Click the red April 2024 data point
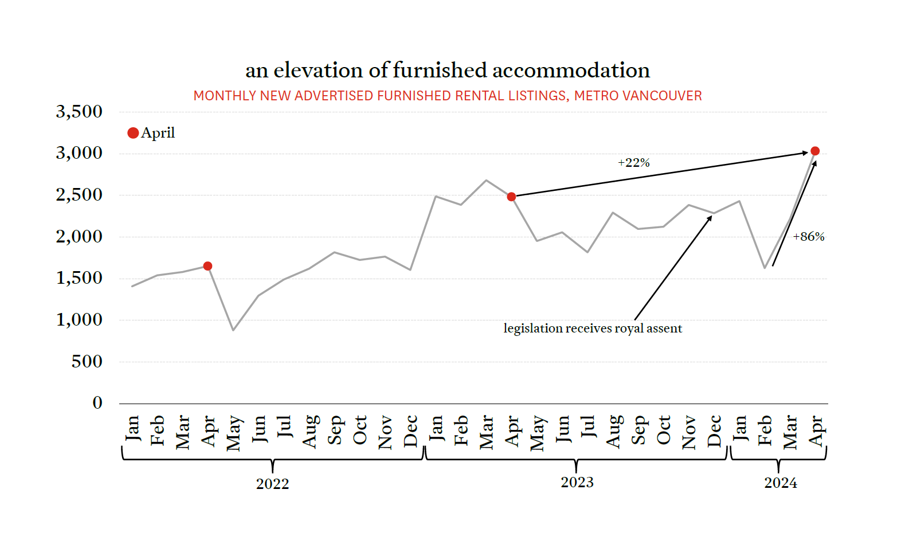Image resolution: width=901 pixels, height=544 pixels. pyautogui.click(x=815, y=151)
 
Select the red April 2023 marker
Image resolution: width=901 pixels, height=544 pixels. pyautogui.click(x=512, y=197)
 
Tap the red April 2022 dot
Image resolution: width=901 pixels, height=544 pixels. pyautogui.click(x=208, y=266)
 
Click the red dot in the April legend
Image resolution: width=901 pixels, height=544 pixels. pyautogui.click(x=133, y=133)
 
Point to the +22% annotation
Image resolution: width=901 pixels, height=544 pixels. pyautogui.click(x=633, y=163)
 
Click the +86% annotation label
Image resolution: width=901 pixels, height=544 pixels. pyautogui.click(x=808, y=237)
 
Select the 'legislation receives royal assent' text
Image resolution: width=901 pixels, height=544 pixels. pyautogui.click(x=593, y=328)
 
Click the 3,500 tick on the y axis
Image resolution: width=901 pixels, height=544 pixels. pyautogui.click(x=79, y=112)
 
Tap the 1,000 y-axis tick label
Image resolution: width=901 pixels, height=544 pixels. pyautogui.click(x=79, y=320)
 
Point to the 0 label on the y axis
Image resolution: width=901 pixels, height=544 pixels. pyautogui.click(x=97, y=403)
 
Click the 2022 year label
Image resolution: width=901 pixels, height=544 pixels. pyautogui.click(x=272, y=484)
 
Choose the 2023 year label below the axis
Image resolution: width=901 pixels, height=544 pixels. pyautogui.click(x=577, y=482)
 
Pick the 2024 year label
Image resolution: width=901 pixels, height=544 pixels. pyautogui.click(x=780, y=483)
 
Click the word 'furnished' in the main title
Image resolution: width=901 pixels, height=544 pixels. pyautogui.click(x=440, y=70)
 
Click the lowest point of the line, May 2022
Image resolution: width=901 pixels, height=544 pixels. pyautogui.click(x=233, y=330)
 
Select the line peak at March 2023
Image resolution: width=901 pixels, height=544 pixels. pyautogui.click(x=486, y=181)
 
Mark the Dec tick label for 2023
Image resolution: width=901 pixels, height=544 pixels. pyautogui.click(x=715, y=431)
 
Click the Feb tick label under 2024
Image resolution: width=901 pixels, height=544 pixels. pyautogui.click(x=765, y=431)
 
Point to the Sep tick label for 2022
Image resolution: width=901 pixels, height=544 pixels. pyautogui.click(x=335, y=431)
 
